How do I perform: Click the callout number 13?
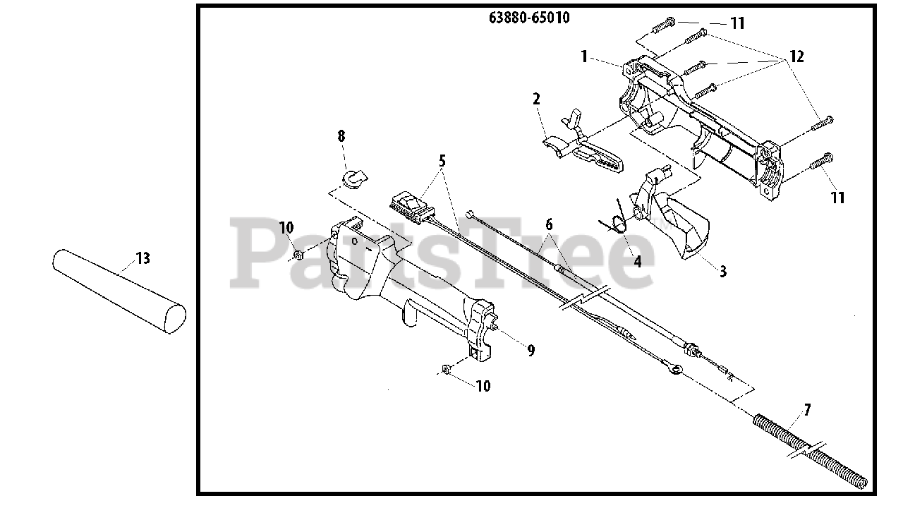click(143, 259)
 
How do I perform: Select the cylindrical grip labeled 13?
click(119, 290)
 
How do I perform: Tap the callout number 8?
click(341, 135)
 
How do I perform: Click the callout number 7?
click(807, 410)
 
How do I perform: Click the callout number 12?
click(796, 57)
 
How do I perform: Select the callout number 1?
click(584, 56)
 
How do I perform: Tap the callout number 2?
click(536, 99)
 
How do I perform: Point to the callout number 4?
click(638, 261)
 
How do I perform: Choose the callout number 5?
click(442, 160)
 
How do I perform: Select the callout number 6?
click(549, 225)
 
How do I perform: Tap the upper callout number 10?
click(286, 228)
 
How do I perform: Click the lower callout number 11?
click(837, 198)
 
